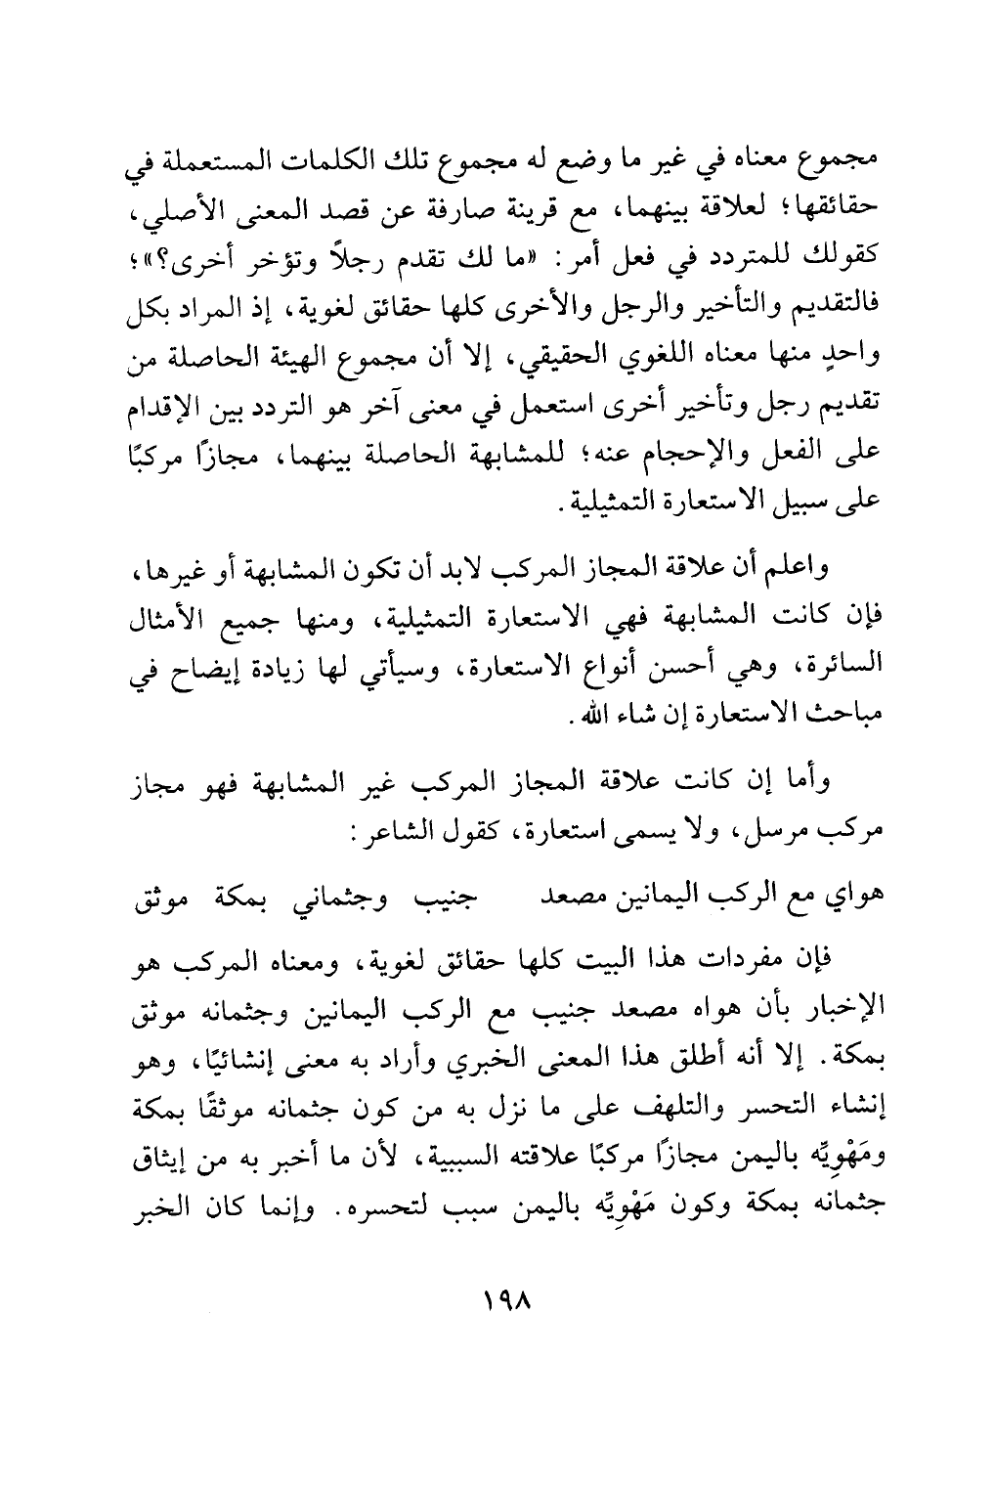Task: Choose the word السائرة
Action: click(x=837, y=669)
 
